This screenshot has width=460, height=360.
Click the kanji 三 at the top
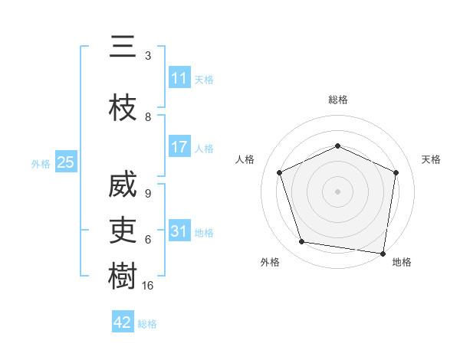coord(123,48)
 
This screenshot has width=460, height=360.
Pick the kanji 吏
coord(123,231)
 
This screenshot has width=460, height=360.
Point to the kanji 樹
coord(123,277)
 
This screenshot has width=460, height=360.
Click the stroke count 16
coord(148,286)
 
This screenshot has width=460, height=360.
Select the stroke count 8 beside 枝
coord(148,117)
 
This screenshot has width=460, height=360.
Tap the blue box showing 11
coord(179,78)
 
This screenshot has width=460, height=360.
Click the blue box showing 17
coord(179,147)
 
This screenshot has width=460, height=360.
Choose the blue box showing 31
coord(179,231)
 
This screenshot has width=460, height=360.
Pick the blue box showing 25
coord(65,162)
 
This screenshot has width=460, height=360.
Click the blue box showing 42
coord(123,322)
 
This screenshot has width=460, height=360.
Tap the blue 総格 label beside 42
coord(147,324)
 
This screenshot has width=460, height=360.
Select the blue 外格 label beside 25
coord(41,163)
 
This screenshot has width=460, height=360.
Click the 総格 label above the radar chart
coord(337,100)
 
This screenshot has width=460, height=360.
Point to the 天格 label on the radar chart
coord(431,159)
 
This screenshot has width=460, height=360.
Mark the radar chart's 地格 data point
coord(383,254)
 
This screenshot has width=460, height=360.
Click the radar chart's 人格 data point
coord(280,172)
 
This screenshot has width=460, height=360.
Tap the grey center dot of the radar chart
coord(337,191)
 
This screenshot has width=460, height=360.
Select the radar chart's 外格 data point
coord(302,242)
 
